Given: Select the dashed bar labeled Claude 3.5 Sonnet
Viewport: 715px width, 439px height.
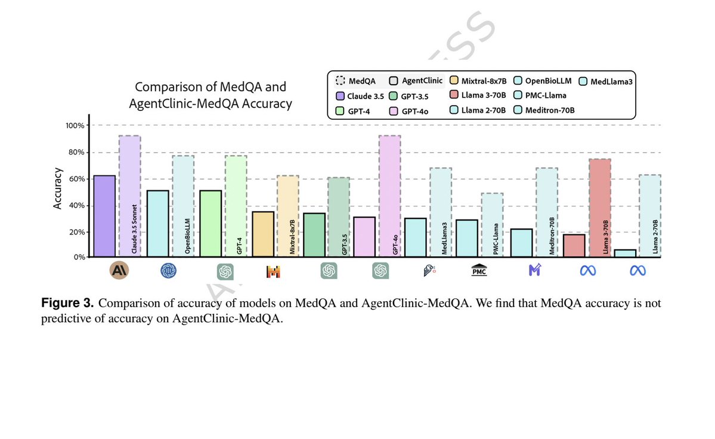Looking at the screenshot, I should coord(129,196).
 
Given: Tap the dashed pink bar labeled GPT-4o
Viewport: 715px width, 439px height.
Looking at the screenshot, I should coord(389,196).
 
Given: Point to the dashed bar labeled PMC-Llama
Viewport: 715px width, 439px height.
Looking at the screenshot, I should coord(492,225).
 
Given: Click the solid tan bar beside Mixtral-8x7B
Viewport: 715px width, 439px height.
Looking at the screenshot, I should coord(263,234).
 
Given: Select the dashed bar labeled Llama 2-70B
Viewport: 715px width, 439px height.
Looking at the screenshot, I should coord(650,215).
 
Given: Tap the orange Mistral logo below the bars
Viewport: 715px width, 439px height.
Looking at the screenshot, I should coord(273,272).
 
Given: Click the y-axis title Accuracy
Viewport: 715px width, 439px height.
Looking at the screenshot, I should coord(58,189).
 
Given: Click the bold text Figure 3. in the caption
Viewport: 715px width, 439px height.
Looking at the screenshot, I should coord(67,303).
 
